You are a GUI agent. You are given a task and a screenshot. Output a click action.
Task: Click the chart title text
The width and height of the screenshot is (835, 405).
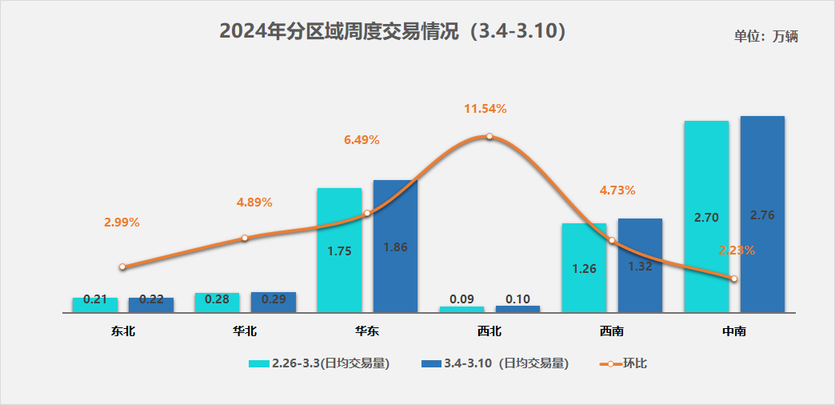(393, 32)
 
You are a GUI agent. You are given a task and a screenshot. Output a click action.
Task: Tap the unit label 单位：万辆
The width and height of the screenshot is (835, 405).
(765, 36)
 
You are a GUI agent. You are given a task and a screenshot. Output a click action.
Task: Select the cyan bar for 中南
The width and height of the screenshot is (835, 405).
(706, 216)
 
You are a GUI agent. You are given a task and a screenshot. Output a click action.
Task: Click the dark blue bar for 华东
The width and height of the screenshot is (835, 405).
(395, 246)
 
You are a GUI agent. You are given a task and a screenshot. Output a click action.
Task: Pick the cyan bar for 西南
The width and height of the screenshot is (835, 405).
(584, 267)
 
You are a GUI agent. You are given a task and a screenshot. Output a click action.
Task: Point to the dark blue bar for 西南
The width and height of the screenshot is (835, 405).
(640, 265)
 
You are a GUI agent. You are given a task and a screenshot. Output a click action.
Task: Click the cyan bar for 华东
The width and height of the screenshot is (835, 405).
(339, 250)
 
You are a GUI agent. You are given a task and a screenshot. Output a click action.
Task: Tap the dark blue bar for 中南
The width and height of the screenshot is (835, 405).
(762, 214)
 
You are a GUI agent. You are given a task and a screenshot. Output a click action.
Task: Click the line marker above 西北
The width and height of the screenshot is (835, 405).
(489, 137)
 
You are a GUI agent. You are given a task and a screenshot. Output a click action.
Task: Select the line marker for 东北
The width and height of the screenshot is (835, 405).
(122, 267)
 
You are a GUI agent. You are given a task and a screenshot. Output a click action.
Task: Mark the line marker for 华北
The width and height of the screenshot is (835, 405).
(245, 238)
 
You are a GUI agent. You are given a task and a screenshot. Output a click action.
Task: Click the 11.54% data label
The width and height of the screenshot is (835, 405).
(485, 108)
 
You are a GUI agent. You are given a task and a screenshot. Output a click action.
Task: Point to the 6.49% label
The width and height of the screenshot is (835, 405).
(362, 140)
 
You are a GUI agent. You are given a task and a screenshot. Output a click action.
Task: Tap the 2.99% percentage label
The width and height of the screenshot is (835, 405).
(122, 223)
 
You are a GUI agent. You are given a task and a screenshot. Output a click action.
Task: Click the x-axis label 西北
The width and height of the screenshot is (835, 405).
(489, 331)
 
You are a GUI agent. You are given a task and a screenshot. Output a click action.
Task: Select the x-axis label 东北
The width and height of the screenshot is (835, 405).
(122, 331)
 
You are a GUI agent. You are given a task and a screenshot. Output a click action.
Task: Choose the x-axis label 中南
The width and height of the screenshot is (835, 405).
(733, 331)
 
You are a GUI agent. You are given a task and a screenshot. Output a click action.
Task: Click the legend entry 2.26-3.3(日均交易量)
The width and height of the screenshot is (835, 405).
(319, 363)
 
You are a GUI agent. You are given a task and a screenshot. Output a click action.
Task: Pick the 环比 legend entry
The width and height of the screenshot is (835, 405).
(623, 363)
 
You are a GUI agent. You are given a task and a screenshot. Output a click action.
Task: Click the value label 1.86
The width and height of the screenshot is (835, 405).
(395, 247)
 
